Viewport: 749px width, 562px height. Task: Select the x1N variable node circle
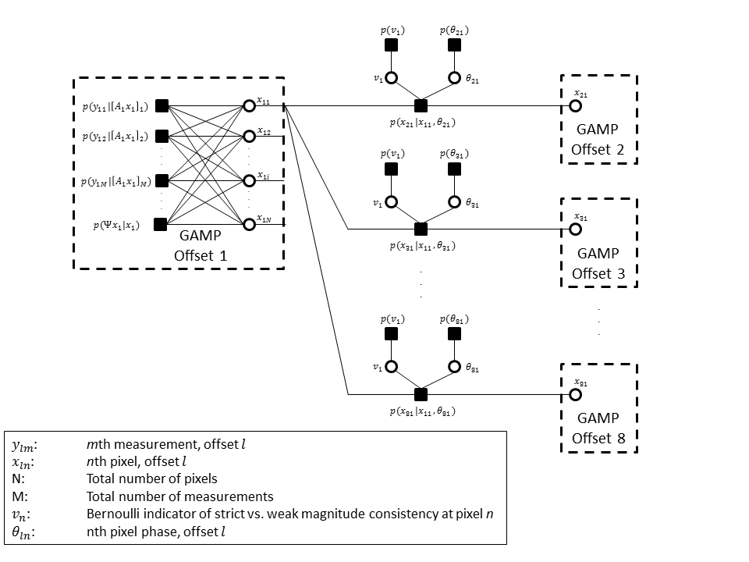250,225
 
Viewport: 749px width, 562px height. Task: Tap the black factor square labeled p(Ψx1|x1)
161,225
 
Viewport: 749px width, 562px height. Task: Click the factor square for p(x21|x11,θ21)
421,105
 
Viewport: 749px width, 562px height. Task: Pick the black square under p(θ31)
453,169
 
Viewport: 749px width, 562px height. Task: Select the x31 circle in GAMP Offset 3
576,229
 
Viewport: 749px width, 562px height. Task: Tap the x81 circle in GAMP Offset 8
576,394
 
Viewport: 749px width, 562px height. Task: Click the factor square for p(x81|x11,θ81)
421,394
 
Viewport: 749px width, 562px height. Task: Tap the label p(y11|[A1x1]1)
115,107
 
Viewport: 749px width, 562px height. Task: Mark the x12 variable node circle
250,135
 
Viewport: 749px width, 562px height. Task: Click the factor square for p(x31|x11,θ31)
421,229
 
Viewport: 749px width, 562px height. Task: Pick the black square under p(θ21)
453,45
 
